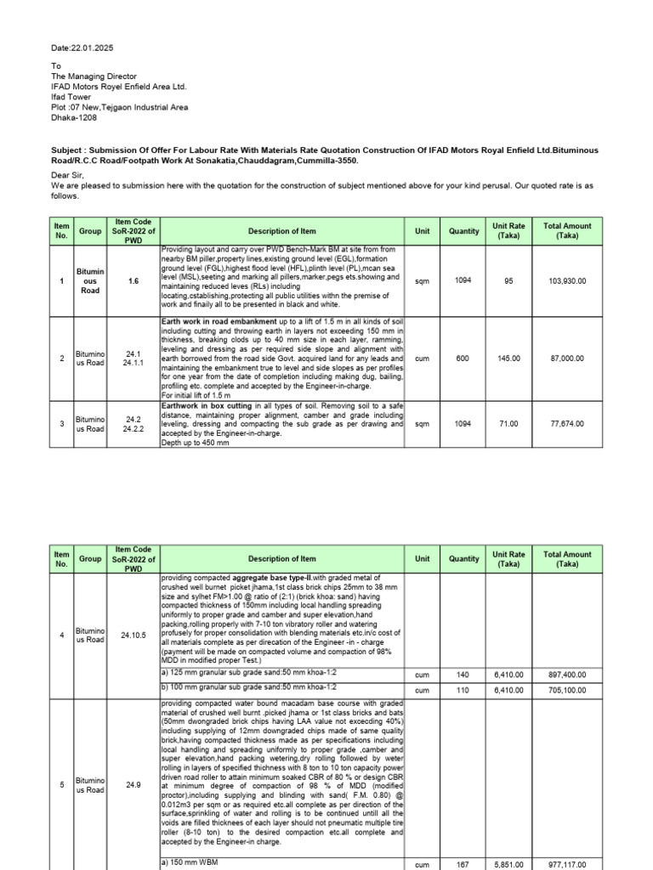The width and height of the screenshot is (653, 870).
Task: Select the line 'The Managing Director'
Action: tap(94, 75)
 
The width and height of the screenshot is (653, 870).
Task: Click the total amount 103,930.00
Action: tap(567, 280)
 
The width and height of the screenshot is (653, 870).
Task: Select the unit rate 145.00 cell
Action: tap(509, 359)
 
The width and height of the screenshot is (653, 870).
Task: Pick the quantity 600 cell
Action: tap(463, 359)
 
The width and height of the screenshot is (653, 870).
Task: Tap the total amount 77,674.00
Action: tap(567, 422)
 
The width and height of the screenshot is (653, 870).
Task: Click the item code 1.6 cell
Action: tap(133, 280)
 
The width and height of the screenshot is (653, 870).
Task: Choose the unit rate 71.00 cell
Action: tap(509, 422)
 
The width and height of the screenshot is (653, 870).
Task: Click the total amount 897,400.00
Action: tap(567, 675)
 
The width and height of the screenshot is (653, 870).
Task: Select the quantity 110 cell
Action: tap(463, 691)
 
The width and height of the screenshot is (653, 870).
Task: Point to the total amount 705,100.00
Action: tap(567, 691)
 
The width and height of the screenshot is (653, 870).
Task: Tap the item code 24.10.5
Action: tap(133, 634)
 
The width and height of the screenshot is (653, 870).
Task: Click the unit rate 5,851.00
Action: tap(509, 865)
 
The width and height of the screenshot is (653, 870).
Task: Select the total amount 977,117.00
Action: tap(567, 865)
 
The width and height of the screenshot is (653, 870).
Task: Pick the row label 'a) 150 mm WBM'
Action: tap(195, 864)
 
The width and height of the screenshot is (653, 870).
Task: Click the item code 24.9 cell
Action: tap(133, 785)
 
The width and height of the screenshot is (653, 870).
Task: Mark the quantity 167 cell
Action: tap(463, 865)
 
